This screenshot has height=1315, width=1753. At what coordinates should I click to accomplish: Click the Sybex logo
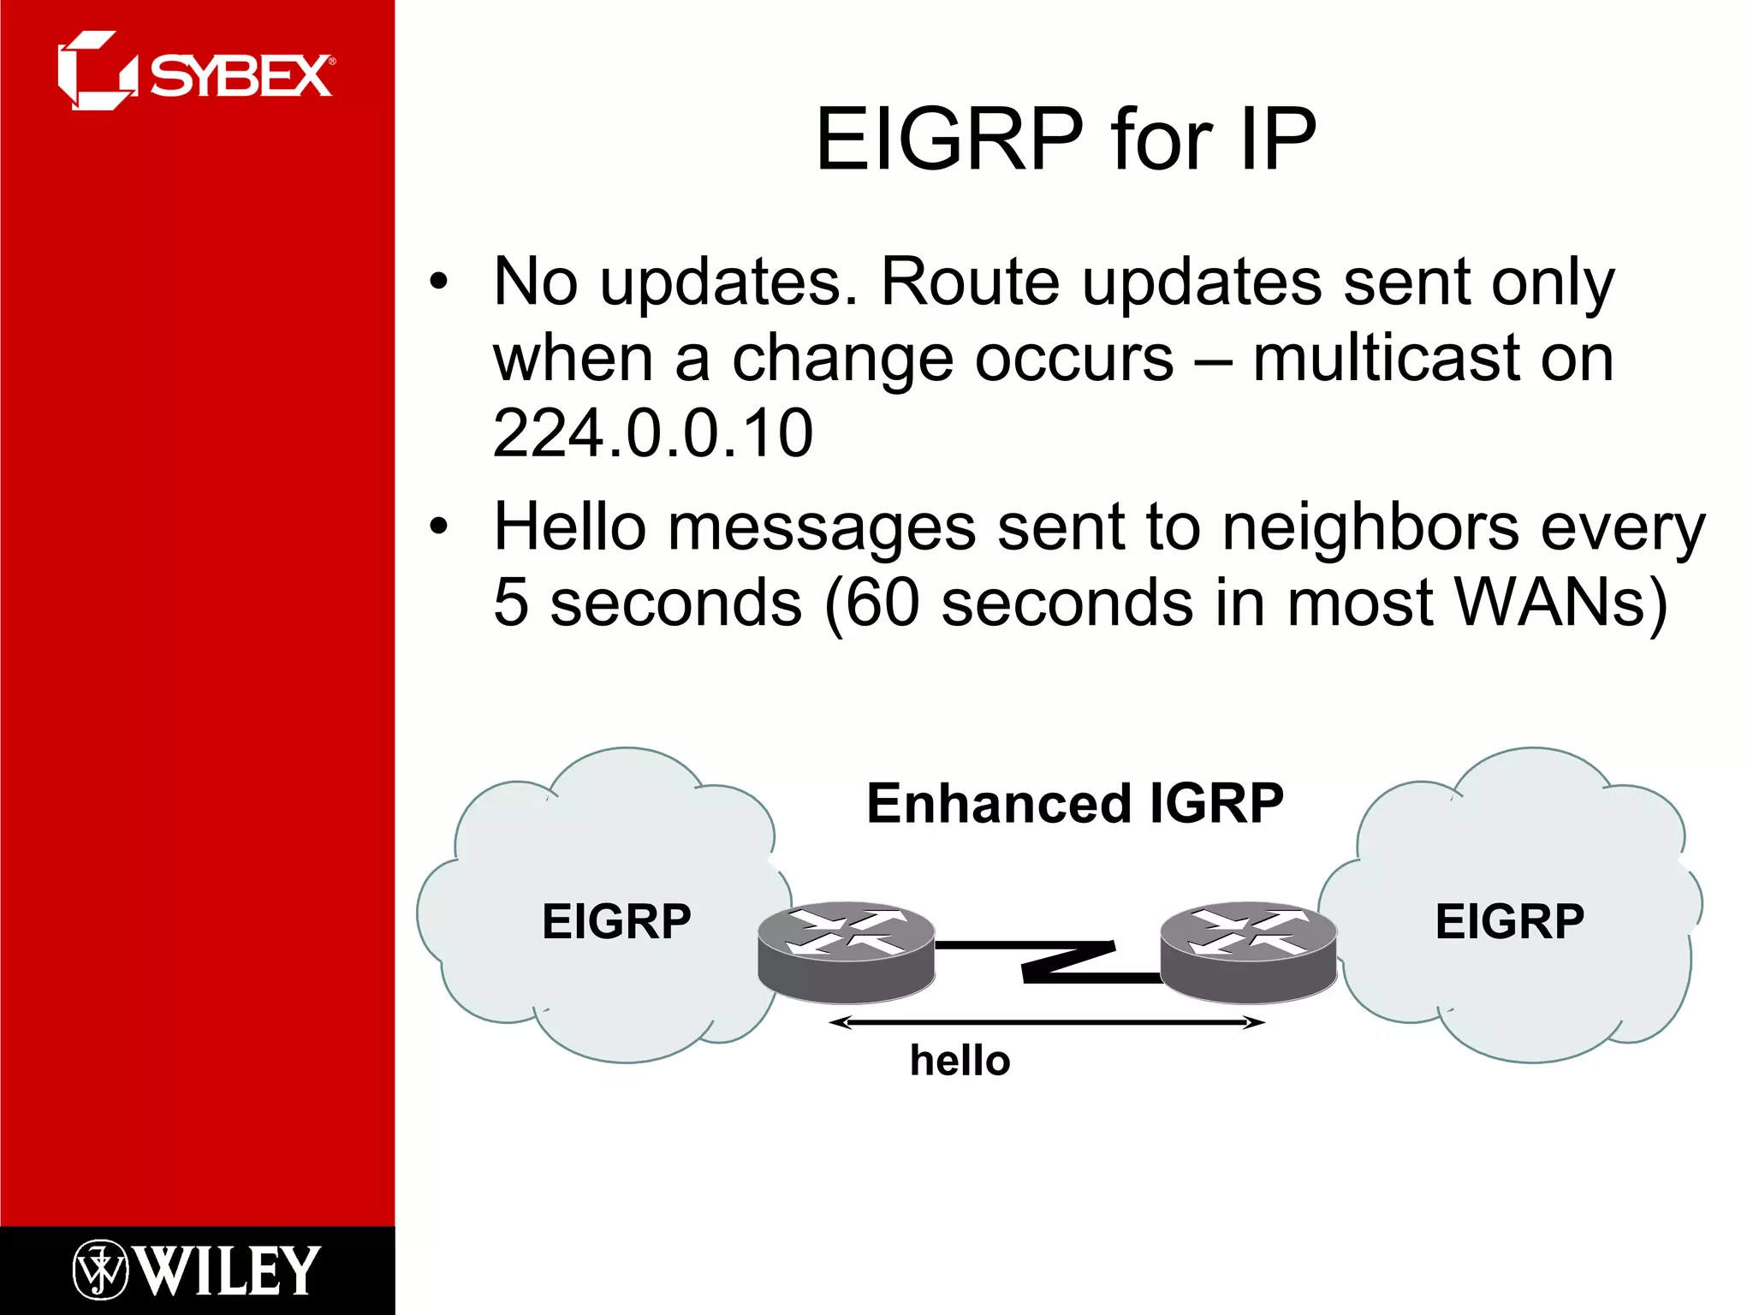pyautogui.click(x=195, y=72)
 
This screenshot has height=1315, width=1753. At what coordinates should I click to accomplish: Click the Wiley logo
pyautogui.click(x=195, y=1270)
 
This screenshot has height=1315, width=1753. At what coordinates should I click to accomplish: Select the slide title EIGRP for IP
pyautogui.click(x=1066, y=139)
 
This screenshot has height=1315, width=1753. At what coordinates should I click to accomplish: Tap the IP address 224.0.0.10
pyautogui.click(x=652, y=433)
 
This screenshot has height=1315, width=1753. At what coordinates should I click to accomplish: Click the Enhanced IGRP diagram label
pyautogui.click(x=1074, y=803)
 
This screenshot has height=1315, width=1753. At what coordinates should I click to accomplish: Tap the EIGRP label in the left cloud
pyautogui.click(x=616, y=922)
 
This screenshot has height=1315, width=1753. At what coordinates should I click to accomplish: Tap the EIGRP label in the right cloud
pyautogui.click(x=1509, y=922)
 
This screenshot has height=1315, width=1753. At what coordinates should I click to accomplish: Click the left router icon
pyautogui.click(x=846, y=951)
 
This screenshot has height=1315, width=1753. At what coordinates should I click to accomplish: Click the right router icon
pyautogui.click(x=1248, y=951)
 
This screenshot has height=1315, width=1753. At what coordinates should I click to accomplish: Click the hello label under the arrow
pyautogui.click(x=960, y=1060)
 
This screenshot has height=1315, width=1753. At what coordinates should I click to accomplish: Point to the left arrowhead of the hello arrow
pyautogui.click(x=837, y=1022)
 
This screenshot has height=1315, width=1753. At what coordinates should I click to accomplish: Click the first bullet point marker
pyautogui.click(x=438, y=283)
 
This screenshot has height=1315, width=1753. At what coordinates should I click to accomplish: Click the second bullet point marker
pyautogui.click(x=438, y=527)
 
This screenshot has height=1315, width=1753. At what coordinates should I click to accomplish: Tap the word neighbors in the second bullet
pyautogui.click(x=1370, y=527)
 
